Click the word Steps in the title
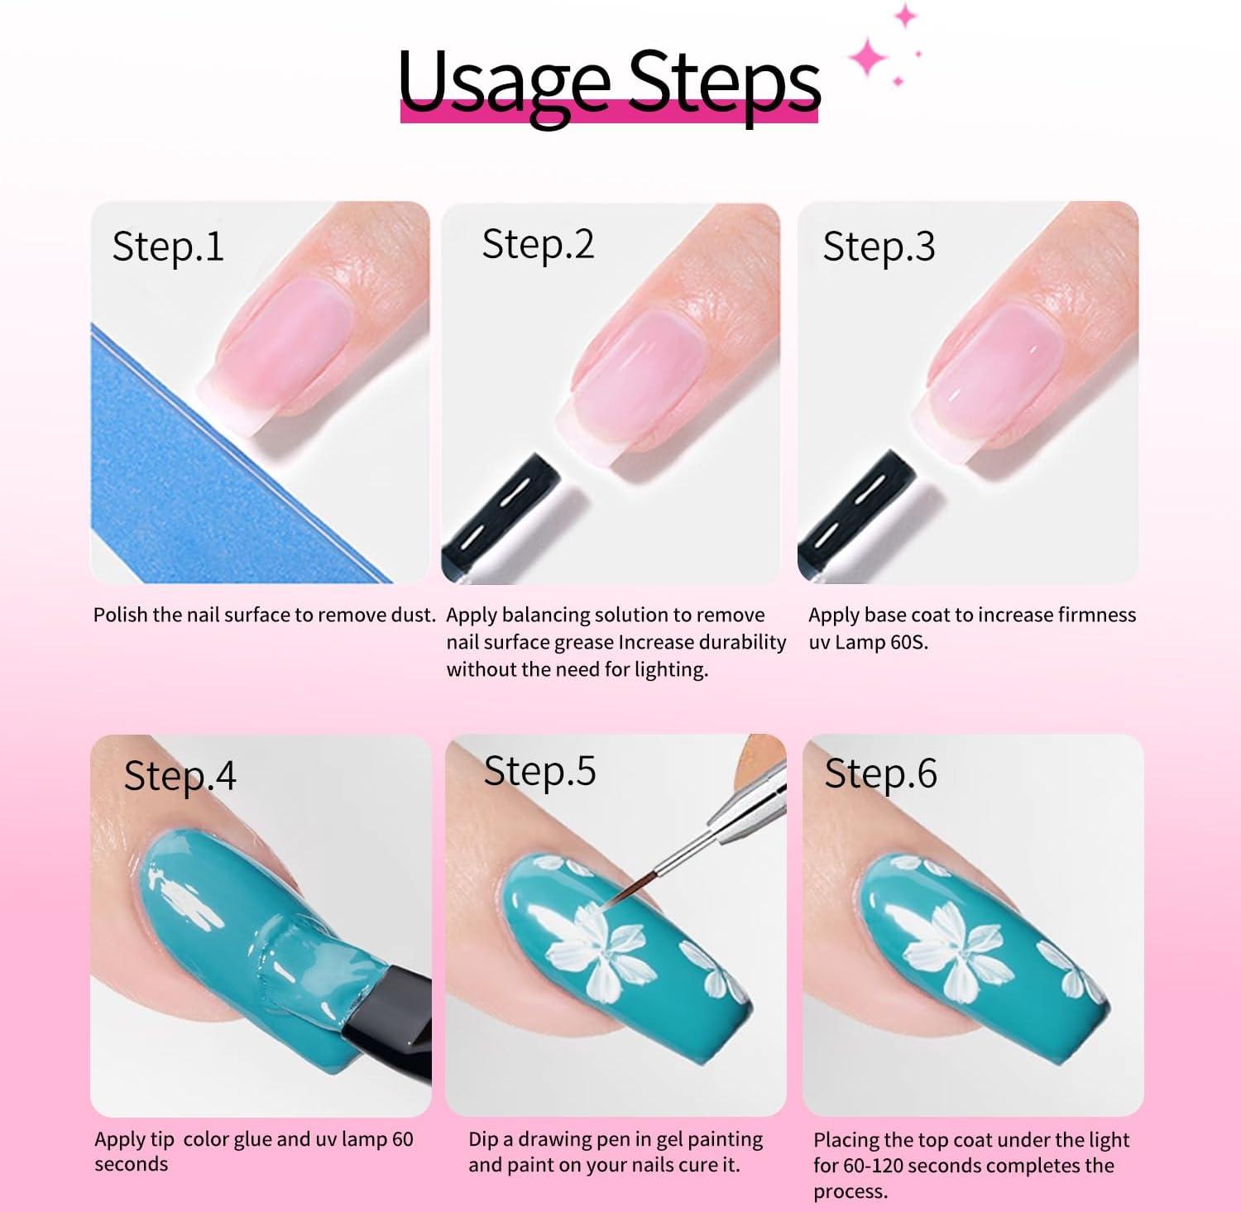(725, 81)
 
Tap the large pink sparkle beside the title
(868, 58)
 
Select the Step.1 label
(168, 247)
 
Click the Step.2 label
(538, 245)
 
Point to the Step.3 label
(879, 247)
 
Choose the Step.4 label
(180, 776)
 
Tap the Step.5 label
(539, 771)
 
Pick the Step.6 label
(880, 774)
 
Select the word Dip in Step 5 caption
(483, 1139)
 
